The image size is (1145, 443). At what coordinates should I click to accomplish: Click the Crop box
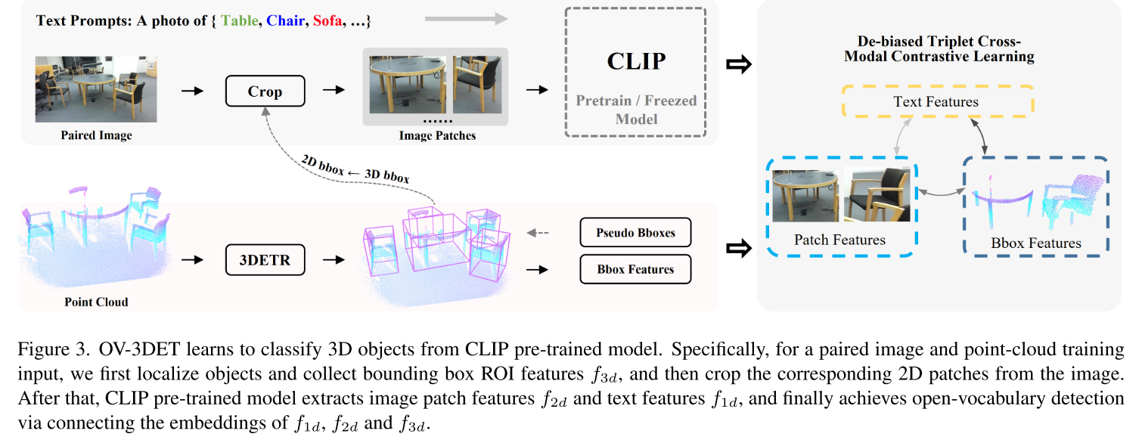point(265,91)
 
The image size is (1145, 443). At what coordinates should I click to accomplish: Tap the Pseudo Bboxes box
point(635,232)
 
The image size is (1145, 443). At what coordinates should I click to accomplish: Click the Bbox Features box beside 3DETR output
point(635,269)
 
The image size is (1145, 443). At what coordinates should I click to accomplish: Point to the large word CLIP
point(635,61)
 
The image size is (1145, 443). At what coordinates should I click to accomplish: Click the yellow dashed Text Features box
point(936,101)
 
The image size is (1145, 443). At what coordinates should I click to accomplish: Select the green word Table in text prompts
point(239,21)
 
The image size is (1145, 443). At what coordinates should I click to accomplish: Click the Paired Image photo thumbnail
point(96,88)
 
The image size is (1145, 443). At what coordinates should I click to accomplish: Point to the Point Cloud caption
point(97,302)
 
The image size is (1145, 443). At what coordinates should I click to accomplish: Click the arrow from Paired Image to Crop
point(193,91)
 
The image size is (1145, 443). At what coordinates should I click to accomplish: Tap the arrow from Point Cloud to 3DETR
point(193,260)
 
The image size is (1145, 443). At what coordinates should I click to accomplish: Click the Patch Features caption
point(839,240)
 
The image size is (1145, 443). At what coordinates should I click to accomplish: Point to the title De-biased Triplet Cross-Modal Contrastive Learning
point(935,49)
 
